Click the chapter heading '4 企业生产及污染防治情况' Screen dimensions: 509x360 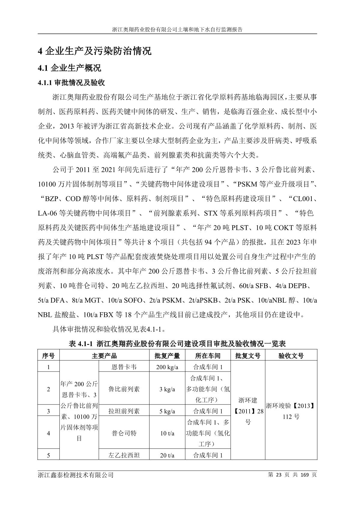(x=95, y=51)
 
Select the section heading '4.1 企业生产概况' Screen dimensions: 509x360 (x=69, y=68)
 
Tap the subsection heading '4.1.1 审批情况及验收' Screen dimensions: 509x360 (x=71, y=83)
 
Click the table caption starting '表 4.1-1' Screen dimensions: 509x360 (x=177, y=344)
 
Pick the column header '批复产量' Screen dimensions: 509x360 (x=167, y=356)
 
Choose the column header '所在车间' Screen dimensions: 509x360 (x=208, y=356)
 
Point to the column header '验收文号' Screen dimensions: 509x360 (x=291, y=356)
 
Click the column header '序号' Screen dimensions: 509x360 (x=48, y=356)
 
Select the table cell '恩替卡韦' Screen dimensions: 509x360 (x=124, y=367)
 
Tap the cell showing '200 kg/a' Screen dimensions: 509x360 (x=167, y=367)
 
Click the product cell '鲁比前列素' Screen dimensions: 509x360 (x=124, y=389)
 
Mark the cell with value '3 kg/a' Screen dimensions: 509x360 (x=167, y=389)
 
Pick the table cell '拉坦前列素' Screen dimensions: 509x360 (x=124, y=411)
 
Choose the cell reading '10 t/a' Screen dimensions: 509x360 (x=167, y=433)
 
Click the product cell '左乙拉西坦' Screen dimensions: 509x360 (x=124, y=455)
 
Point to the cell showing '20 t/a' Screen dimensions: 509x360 (x=167, y=455)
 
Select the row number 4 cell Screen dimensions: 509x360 (x=48, y=433)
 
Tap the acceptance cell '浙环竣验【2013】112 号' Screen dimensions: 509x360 (x=291, y=411)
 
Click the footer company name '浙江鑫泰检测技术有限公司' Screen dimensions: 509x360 (x=76, y=475)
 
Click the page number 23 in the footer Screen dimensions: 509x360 (x=278, y=475)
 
